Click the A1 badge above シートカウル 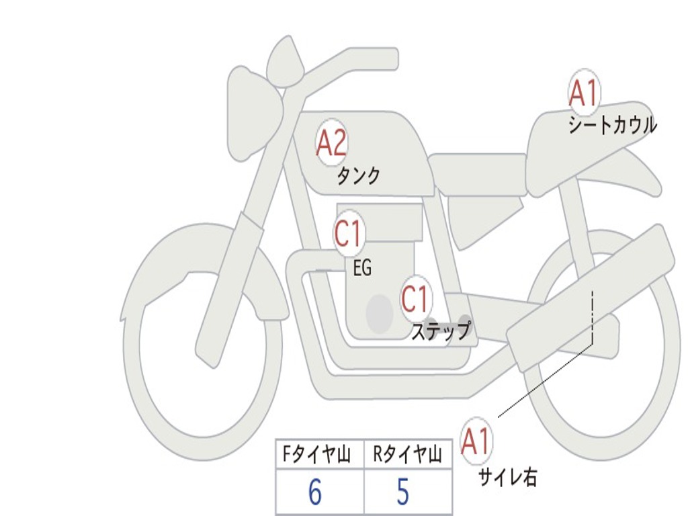click(x=583, y=93)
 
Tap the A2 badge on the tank click(x=331, y=143)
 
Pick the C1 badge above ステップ click(x=415, y=299)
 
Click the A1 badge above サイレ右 click(x=476, y=441)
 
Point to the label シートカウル click(x=612, y=126)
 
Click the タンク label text click(x=358, y=176)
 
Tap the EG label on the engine click(x=362, y=269)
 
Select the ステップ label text click(x=441, y=331)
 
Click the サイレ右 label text click(x=508, y=477)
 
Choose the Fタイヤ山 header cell click(x=318, y=456)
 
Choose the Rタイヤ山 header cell click(x=407, y=456)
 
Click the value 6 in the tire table click(x=315, y=492)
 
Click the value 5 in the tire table click(x=403, y=492)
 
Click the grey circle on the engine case click(x=379, y=313)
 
